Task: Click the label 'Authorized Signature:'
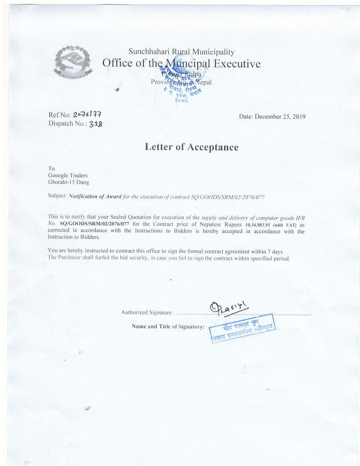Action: (147, 312)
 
